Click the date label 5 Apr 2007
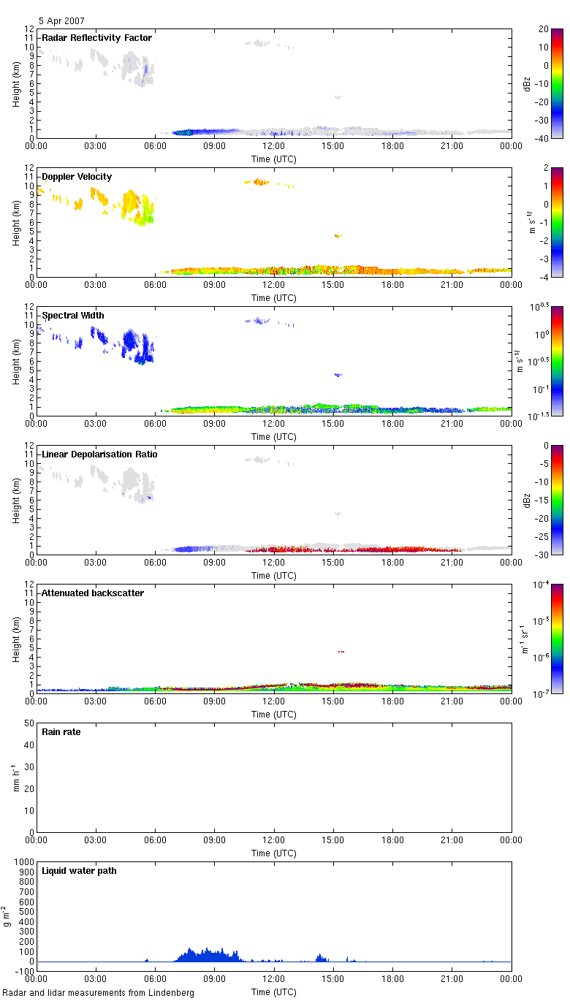64,21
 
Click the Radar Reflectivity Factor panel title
96,38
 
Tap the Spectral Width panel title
73,316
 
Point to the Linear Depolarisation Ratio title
100,454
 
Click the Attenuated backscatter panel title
93,593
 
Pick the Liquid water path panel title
79,871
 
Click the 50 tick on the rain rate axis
29,723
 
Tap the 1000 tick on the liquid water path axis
24,862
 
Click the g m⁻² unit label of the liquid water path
7,916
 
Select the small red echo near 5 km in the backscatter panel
341,652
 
